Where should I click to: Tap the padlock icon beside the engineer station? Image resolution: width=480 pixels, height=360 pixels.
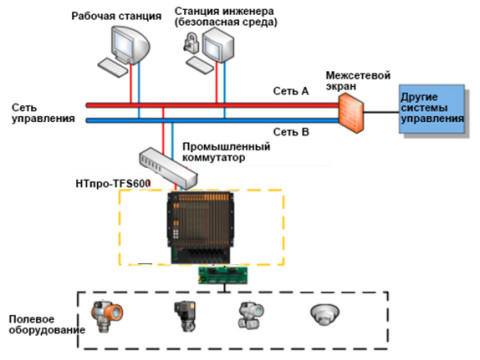190,41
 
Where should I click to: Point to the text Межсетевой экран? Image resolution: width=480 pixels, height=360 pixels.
357,81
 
